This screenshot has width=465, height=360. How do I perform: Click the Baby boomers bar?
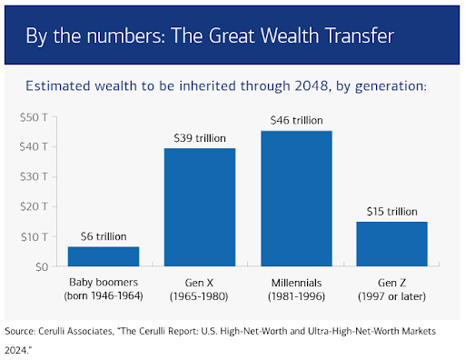pos(104,256)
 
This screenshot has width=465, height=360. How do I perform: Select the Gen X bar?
pos(200,207)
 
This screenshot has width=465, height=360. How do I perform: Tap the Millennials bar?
pos(296,198)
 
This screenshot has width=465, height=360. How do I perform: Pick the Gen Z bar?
pos(392,244)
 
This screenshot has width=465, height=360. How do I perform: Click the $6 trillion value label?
pos(104,236)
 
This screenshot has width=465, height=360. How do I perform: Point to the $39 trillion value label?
pos(200,138)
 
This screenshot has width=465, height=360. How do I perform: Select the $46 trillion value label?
pos(297,121)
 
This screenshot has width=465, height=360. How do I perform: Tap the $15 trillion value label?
pos(392,212)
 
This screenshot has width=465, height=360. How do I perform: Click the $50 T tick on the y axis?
pos(34,117)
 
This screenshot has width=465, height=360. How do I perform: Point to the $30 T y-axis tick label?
pos(34,176)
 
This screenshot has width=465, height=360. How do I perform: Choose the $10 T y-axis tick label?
pos(34,236)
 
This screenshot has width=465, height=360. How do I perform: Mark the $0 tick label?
pos(42,267)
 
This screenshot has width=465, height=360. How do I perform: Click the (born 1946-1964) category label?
pos(104,295)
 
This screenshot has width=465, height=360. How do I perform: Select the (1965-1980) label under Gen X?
pos(199,296)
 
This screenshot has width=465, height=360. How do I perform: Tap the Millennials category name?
pos(296,283)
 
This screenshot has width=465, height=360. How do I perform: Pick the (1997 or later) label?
pos(392,296)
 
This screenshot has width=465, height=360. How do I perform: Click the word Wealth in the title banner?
pos(290,35)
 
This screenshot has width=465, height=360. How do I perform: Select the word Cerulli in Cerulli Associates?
pos(52,331)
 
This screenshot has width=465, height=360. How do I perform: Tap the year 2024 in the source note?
pos(17,350)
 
